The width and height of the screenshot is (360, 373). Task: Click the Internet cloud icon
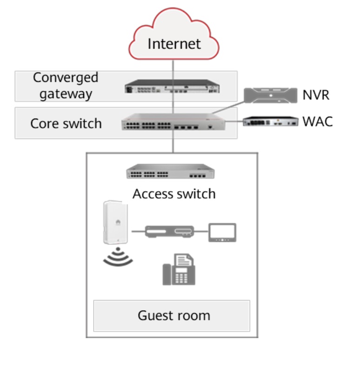(174, 33)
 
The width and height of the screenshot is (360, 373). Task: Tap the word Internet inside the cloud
(174, 44)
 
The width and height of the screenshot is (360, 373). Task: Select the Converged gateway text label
(66, 86)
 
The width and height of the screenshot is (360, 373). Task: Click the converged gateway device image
(173, 87)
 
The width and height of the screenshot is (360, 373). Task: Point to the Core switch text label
(66, 123)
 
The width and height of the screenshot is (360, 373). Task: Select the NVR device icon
(271, 95)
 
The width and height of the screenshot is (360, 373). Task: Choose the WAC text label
(317, 122)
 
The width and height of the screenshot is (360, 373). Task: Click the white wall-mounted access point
(116, 222)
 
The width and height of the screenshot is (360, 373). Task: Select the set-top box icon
(169, 231)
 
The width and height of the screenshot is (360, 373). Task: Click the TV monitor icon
(222, 231)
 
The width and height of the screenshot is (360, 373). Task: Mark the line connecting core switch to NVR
(228, 107)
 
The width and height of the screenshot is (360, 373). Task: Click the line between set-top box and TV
(200, 231)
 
